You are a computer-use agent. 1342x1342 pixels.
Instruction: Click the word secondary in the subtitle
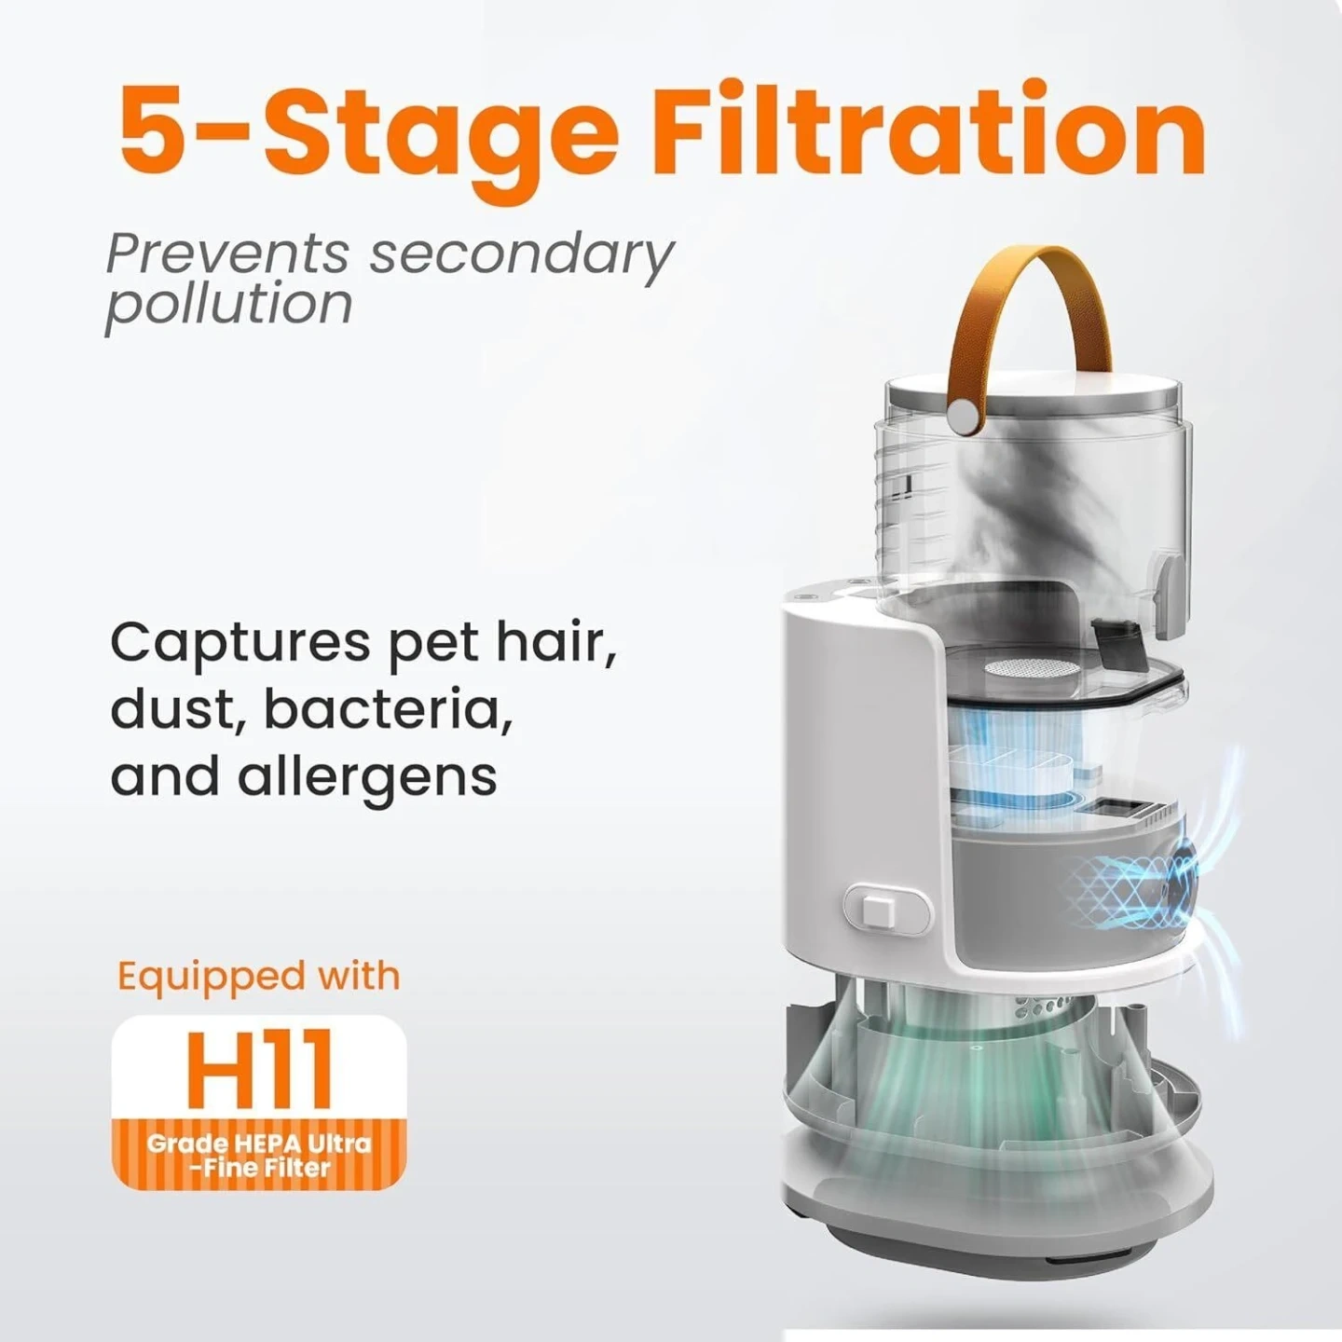pyautogui.click(x=521, y=257)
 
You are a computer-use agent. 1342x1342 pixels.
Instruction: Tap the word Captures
pyautogui.click(x=240, y=644)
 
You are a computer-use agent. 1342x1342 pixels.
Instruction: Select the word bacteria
pyautogui.click(x=389, y=708)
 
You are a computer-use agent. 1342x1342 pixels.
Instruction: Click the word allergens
pyautogui.click(x=367, y=778)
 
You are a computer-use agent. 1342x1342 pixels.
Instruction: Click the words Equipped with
pyautogui.click(x=258, y=976)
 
